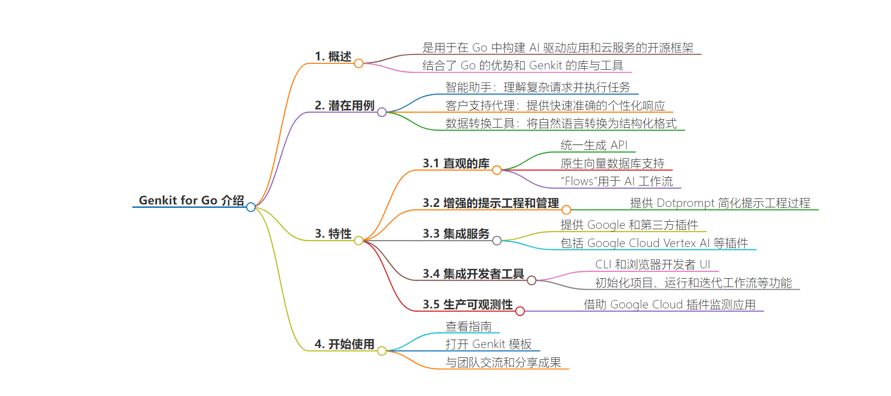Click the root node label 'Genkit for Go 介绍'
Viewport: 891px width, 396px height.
click(x=191, y=200)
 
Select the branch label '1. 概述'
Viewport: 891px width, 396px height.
click(x=333, y=57)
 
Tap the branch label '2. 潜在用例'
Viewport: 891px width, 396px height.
click(x=345, y=106)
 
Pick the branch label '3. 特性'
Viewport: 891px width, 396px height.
click(x=333, y=234)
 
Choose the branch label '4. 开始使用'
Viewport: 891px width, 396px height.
click(x=345, y=344)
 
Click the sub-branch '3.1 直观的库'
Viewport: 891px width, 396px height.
click(x=456, y=164)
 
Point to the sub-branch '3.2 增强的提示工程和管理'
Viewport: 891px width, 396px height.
click(x=491, y=203)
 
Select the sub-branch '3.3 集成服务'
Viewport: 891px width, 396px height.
click(x=456, y=234)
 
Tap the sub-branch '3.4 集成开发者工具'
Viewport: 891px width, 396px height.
click(x=473, y=274)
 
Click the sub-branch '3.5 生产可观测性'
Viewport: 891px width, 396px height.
click(x=467, y=304)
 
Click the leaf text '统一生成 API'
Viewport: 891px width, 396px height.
click(x=594, y=146)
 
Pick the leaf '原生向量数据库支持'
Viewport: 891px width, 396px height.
click(x=612, y=164)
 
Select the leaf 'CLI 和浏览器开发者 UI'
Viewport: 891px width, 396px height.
click(x=652, y=265)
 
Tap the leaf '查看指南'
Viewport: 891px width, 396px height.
click(x=468, y=327)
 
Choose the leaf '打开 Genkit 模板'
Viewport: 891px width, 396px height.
click(x=488, y=345)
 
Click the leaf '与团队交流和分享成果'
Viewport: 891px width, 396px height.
click(x=503, y=363)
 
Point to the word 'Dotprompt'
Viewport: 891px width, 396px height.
click(x=686, y=203)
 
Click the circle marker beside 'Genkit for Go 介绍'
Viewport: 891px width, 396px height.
click(x=251, y=207)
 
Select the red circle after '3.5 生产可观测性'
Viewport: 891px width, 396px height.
click(x=520, y=311)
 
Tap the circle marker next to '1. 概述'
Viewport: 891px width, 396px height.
click(x=359, y=63)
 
